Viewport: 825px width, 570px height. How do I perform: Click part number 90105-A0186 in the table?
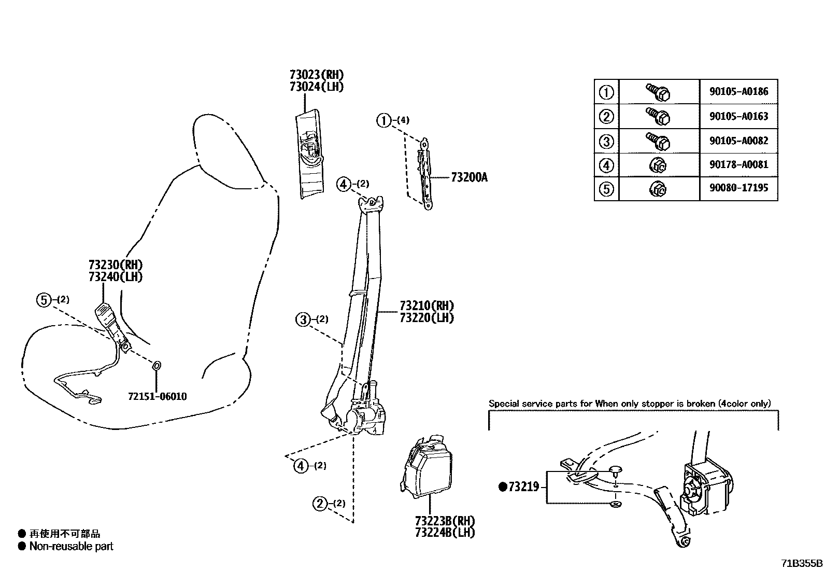click(x=738, y=92)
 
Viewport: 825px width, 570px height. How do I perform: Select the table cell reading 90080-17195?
click(x=738, y=188)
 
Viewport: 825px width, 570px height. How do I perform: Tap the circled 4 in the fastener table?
click(x=606, y=165)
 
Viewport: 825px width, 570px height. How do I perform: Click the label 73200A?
click(x=469, y=178)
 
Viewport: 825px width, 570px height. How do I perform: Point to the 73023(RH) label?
click(x=317, y=75)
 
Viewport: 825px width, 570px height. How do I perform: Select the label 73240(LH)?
click(x=115, y=277)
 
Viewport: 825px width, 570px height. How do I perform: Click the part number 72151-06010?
click(x=157, y=397)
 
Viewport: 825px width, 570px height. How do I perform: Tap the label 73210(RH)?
click(x=426, y=305)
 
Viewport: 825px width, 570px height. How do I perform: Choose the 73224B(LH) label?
click(x=445, y=533)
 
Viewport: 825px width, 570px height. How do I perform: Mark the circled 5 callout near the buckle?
click(x=44, y=300)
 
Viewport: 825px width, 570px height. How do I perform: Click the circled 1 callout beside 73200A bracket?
click(x=383, y=121)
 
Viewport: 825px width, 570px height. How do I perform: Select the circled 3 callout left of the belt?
click(x=303, y=319)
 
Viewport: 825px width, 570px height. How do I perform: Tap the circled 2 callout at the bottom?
click(x=320, y=504)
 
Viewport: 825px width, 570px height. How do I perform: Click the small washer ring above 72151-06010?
click(x=157, y=366)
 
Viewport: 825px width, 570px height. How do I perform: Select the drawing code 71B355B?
click(x=802, y=563)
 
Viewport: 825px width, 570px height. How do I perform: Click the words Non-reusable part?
click(x=71, y=546)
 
